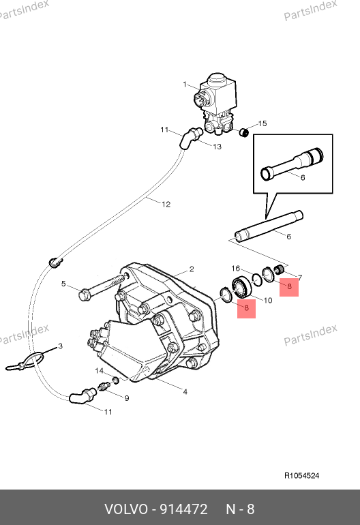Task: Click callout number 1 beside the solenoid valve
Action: pyautogui.click(x=185, y=85)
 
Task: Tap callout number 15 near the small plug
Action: pyautogui.click(x=262, y=123)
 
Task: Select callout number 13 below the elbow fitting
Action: pyautogui.click(x=217, y=147)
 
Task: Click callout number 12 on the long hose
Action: pyautogui.click(x=166, y=205)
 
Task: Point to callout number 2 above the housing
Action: pyautogui.click(x=192, y=269)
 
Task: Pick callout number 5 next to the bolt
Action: pyautogui.click(x=63, y=284)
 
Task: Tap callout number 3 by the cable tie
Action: pyautogui.click(x=60, y=346)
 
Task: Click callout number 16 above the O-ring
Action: pyautogui.click(x=236, y=269)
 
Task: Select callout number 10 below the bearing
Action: pyautogui.click(x=268, y=300)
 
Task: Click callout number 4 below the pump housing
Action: pyautogui.click(x=185, y=392)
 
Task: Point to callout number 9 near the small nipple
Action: pyautogui.click(x=127, y=398)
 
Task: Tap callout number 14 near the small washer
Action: pyautogui.click(x=99, y=371)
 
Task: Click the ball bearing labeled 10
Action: pyautogui.click(x=241, y=287)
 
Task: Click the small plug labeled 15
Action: pyautogui.click(x=244, y=132)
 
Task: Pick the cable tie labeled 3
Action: pyautogui.click(x=25, y=361)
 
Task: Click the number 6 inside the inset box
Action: pyautogui.click(x=303, y=177)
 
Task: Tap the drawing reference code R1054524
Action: pyautogui.click(x=302, y=475)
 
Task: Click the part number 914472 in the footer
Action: pyautogui.click(x=183, y=509)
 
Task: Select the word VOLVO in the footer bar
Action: pyautogui.click(x=126, y=509)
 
